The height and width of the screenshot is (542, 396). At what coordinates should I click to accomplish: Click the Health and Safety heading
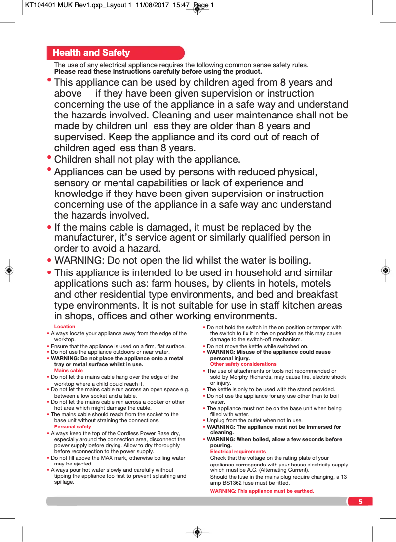click(x=91, y=53)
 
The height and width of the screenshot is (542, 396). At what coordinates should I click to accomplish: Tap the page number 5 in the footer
click(x=360, y=502)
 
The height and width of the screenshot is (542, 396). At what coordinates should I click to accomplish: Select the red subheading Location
click(x=65, y=326)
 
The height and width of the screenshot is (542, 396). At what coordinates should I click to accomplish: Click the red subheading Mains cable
click(x=69, y=370)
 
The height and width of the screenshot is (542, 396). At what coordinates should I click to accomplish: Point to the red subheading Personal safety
click(x=73, y=426)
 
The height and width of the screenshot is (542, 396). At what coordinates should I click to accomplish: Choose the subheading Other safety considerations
click(x=243, y=364)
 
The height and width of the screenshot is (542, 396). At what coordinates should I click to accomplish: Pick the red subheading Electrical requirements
click(x=238, y=451)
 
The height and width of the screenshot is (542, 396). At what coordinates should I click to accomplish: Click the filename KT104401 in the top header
click(x=41, y=5)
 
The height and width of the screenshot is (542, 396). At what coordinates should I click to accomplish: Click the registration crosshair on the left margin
click(x=9, y=271)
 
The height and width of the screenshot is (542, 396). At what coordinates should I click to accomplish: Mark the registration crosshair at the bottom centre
click(x=198, y=532)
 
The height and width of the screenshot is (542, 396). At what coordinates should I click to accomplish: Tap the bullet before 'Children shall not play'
click(x=49, y=158)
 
